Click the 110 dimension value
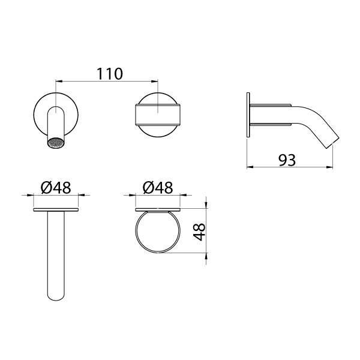pyautogui.click(x=110, y=73)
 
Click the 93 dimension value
pyautogui.click(x=288, y=160)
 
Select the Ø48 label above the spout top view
pyautogui.click(x=56, y=187)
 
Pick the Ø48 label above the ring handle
pyautogui.click(x=158, y=187)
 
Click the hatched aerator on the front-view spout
pyautogui.click(x=55, y=144)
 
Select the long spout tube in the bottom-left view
pyautogui.click(x=56, y=252)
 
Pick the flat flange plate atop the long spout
pyautogui.click(x=56, y=210)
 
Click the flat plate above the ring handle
pyautogui.click(x=158, y=209)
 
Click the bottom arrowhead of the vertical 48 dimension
pyautogui.click(x=206, y=256)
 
